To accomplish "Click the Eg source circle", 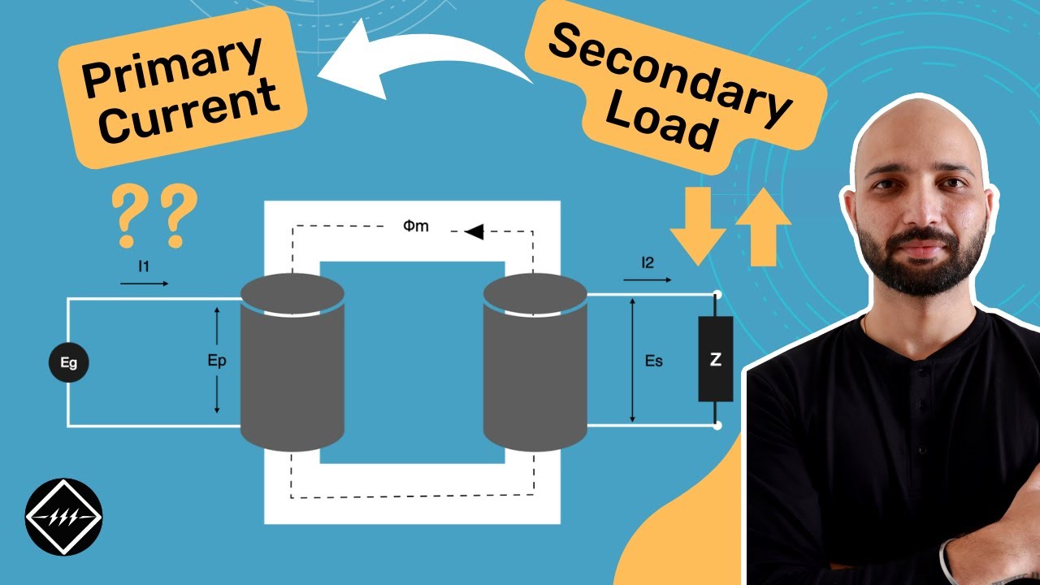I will click(x=68, y=362).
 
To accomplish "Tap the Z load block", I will click(x=715, y=359).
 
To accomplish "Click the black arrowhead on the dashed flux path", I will click(x=474, y=232).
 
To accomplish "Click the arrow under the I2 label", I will click(x=648, y=279).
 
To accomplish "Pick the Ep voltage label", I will click(x=217, y=360).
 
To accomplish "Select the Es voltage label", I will click(x=653, y=360).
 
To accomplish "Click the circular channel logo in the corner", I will click(x=63, y=517).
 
